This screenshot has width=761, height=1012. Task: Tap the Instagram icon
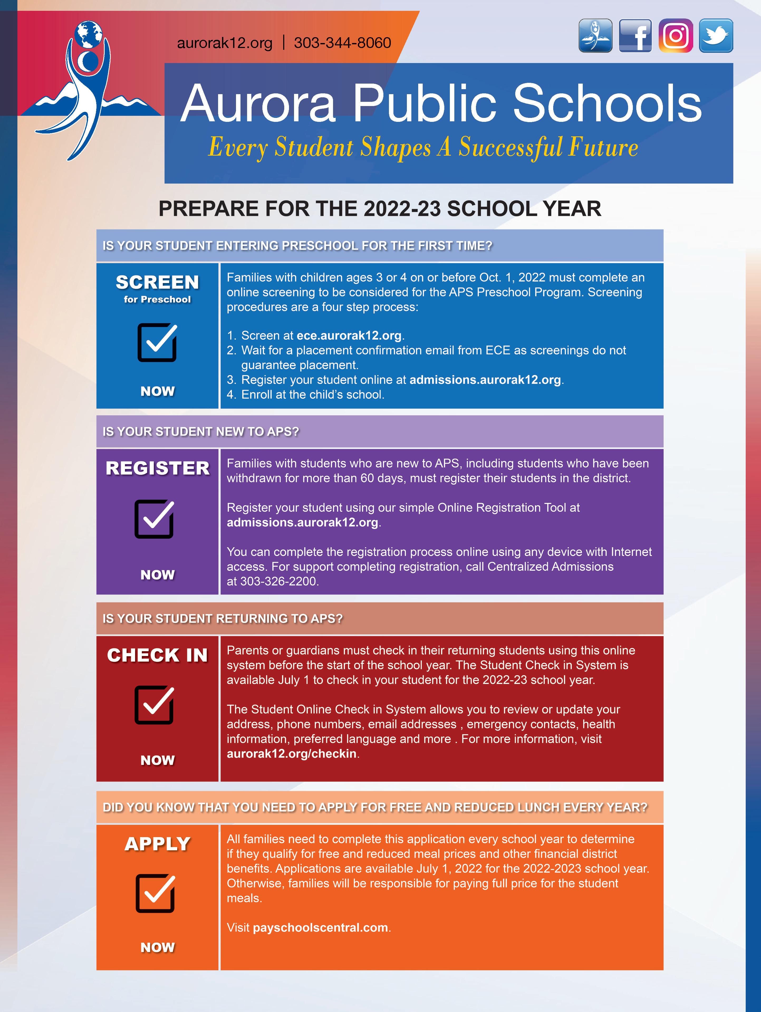[676, 36]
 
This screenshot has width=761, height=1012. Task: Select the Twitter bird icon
[716, 36]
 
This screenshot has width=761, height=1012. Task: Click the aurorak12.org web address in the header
[225, 43]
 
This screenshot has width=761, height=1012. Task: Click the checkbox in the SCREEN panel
[157, 342]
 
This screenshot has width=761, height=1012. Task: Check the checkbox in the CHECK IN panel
[154, 705]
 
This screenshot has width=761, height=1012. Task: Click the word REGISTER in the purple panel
[157, 468]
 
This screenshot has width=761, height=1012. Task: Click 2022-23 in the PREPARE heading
[402, 209]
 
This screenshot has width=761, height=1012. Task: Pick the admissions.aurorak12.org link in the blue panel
[485, 380]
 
